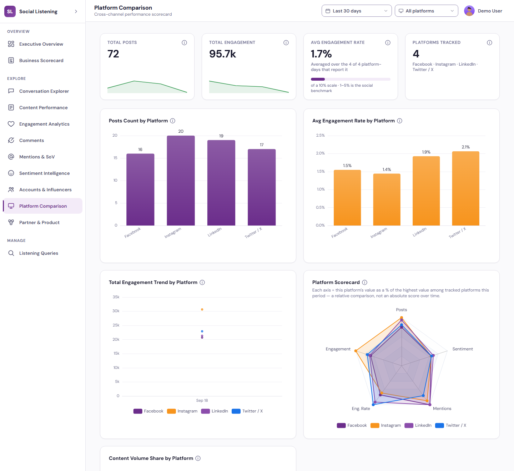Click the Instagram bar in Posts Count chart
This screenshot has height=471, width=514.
pos(181,181)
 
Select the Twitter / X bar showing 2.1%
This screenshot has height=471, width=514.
pos(465,188)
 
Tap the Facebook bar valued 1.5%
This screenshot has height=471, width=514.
pos(347,198)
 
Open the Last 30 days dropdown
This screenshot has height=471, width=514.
pos(357,11)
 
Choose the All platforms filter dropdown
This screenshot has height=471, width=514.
pos(426,11)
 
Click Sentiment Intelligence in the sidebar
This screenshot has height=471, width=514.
pos(44,173)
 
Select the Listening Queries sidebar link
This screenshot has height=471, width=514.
pos(39,253)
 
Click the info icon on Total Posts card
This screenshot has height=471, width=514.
pos(184,42)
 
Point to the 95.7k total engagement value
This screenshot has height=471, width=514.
pos(222,54)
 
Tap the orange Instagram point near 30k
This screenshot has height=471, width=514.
pos(202,310)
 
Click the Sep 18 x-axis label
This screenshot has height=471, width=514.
pos(202,400)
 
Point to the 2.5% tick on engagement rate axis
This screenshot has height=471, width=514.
pos(320,135)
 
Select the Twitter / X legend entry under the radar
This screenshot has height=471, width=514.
pos(450,425)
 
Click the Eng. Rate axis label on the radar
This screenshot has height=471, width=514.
pos(361,409)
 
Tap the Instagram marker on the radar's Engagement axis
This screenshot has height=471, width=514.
pos(356,350)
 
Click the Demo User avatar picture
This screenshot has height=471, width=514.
pos(469,11)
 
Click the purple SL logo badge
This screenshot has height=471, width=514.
pos(10,11)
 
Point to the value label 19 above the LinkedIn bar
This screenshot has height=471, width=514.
pos(221,136)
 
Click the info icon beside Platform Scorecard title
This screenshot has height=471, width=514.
pos(364,282)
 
